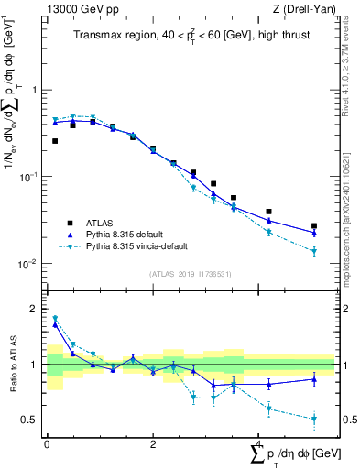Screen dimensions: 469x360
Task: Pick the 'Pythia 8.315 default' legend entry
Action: (x=129, y=234)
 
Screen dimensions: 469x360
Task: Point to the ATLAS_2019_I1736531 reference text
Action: (x=190, y=274)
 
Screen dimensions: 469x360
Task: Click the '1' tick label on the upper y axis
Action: (x=35, y=91)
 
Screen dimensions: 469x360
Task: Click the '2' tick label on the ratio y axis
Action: (x=35, y=309)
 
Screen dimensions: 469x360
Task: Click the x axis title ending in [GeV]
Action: (x=293, y=455)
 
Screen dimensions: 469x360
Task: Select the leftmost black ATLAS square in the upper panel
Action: (x=55, y=141)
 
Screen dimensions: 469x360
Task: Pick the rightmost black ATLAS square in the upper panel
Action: (x=313, y=225)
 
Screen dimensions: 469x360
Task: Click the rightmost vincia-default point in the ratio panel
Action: (x=313, y=419)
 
